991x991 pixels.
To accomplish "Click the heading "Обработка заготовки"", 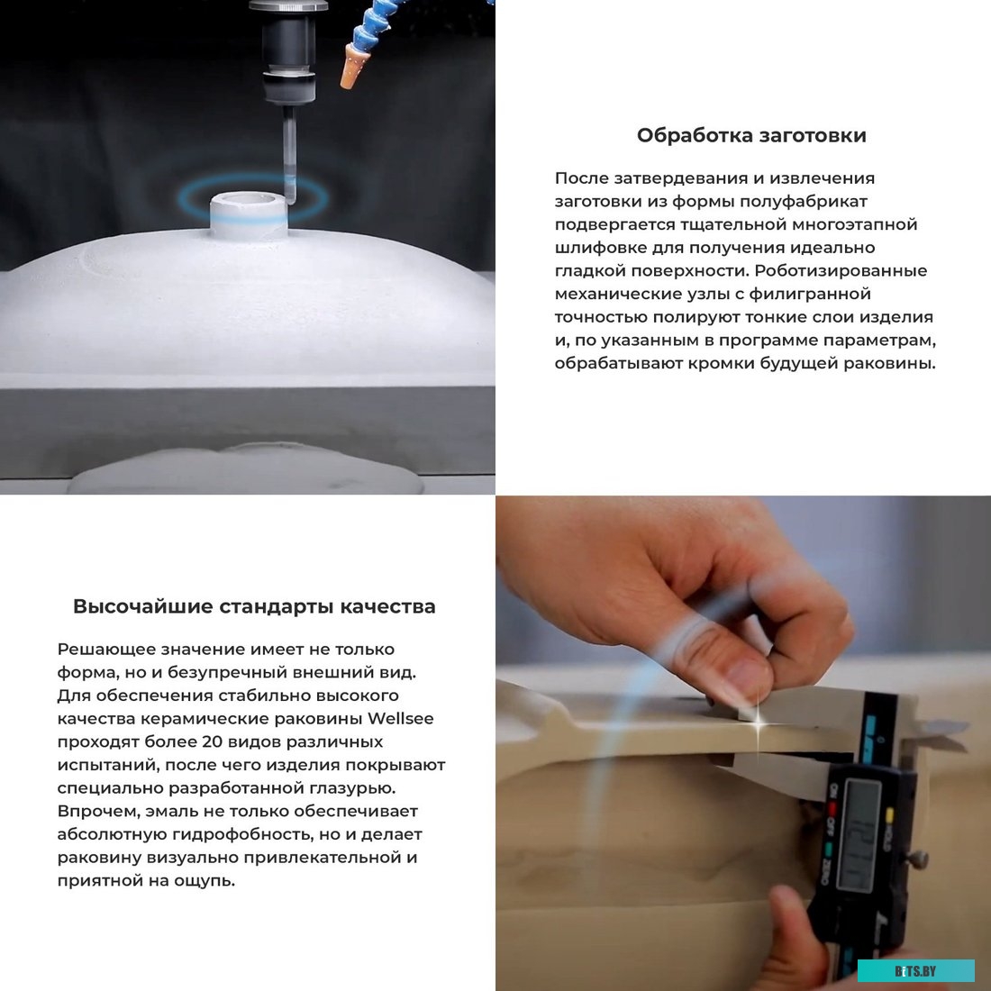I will coord(750,135).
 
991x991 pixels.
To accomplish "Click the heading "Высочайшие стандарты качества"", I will coord(254,606).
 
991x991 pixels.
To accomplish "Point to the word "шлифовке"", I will coord(596,247).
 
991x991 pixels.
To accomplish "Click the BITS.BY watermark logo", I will coord(915,970).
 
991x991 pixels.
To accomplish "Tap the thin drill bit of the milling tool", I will coord(289,153).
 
